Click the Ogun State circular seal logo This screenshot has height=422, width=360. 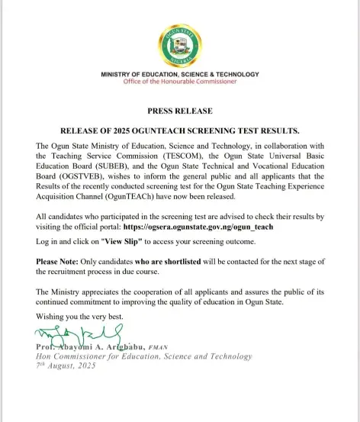click(x=179, y=46)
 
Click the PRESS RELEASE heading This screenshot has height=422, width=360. click(x=179, y=111)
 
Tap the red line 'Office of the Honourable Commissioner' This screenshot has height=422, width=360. click(x=180, y=82)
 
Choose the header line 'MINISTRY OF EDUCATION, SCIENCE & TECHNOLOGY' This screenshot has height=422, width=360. click(x=180, y=74)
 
